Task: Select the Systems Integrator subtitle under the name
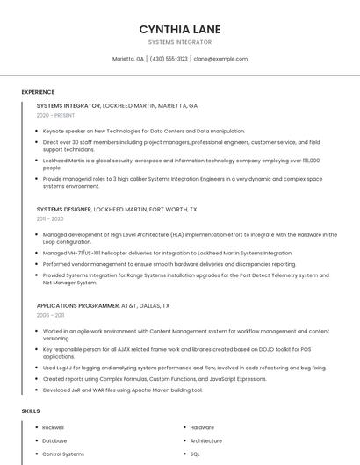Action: point(179,42)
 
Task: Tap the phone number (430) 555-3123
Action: point(169,59)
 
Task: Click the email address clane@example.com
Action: point(220,59)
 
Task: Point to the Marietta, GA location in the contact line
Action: point(128,59)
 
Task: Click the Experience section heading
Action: point(38,92)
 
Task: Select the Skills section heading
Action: point(31,411)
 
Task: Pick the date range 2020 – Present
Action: point(55,115)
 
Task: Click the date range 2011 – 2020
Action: point(50,218)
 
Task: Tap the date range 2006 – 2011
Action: point(50,315)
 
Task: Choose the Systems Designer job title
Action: point(63,210)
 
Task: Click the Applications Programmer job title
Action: point(77,305)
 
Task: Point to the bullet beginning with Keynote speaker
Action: point(143,131)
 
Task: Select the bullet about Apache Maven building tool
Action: point(122,390)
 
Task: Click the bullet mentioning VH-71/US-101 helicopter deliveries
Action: point(167,254)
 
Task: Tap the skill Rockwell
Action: point(54,427)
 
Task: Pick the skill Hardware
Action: point(202,427)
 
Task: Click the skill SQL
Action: point(195,454)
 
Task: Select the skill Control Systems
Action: point(63,454)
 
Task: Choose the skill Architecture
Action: point(205,440)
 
